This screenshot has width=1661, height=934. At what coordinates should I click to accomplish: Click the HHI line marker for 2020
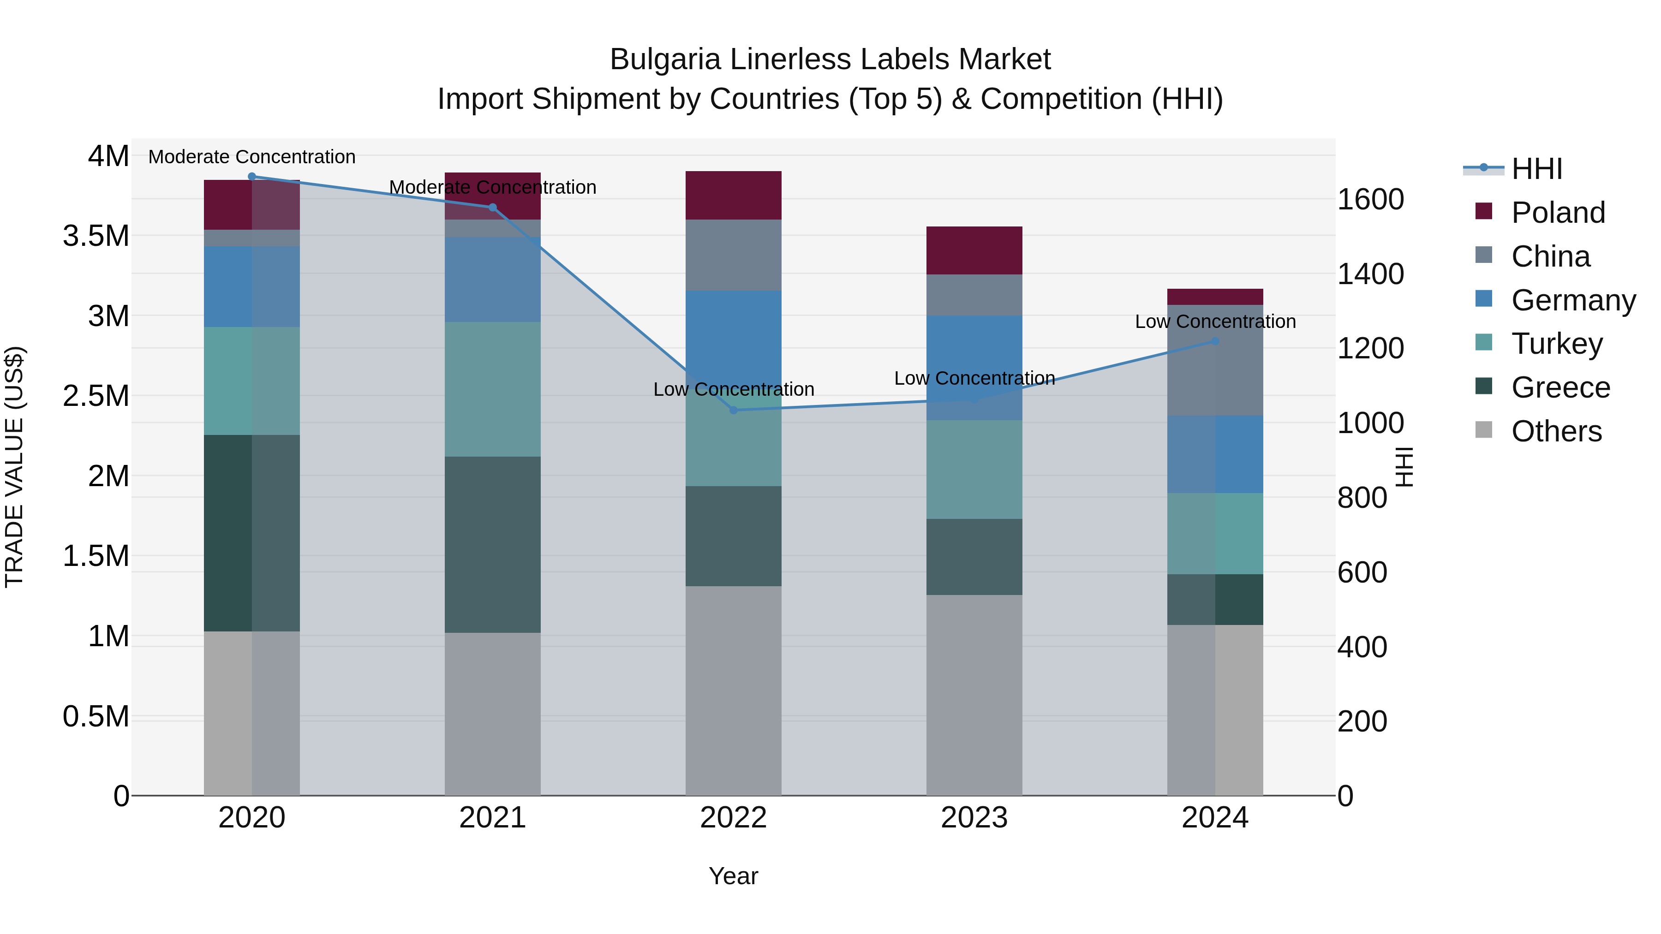(251, 177)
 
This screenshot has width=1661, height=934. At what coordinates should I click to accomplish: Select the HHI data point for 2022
(733, 410)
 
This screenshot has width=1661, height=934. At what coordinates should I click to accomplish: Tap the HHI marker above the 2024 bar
(1215, 341)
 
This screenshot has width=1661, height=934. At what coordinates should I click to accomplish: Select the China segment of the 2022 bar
(733, 255)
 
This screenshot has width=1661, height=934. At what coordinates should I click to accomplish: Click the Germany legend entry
(1573, 300)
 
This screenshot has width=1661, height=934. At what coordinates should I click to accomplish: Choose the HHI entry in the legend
(1536, 169)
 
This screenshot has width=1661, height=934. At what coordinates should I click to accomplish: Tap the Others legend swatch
(1484, 430)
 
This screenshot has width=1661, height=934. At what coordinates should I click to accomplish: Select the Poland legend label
(1558, 213)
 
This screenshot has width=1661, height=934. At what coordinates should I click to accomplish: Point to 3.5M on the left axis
(96, 236)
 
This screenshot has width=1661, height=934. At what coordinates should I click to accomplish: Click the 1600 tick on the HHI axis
(1370, 199)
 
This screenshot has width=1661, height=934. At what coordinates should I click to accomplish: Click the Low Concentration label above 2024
(1215, 321)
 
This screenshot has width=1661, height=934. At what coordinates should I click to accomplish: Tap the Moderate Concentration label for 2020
(251, 157)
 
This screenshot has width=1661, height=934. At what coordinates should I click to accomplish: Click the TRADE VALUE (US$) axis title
(14, 467)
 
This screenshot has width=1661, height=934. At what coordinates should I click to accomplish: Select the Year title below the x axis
(733, 876)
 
